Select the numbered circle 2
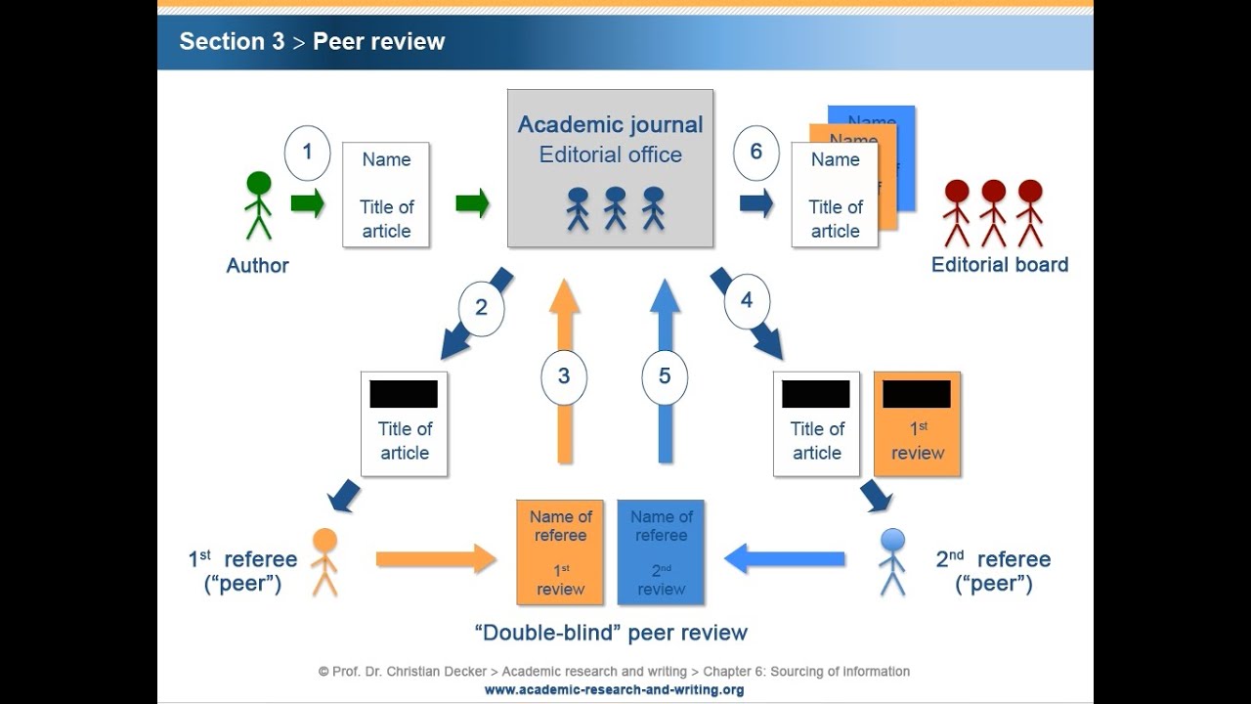(481, 308)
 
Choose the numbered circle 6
(755, 153)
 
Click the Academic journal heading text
(610, 124)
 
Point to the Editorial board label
(1000, 265)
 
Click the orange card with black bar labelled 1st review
(917, 423)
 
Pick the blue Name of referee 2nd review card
(661, 552)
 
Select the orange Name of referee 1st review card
(560, 552)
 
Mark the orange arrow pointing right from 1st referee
(436, 559)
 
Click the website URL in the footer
(614, 689)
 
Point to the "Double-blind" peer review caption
(611, 633)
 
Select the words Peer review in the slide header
(378, 42)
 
